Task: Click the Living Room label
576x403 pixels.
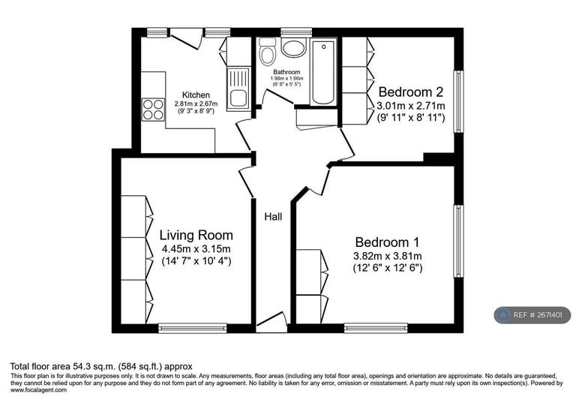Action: point(196,235)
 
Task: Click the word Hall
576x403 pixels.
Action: point(273,217)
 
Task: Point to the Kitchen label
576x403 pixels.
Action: point(196,95)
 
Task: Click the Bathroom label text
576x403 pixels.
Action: point(286,72)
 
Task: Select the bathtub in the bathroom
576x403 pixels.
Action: point(324,72)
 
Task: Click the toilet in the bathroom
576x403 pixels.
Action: point(268,53)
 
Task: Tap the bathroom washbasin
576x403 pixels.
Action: point(292,49)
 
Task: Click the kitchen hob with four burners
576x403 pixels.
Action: point(154,110)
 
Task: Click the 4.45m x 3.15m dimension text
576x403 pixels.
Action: point(196,249)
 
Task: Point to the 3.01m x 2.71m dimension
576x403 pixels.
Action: point(411,105)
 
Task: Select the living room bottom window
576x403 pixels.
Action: point(193,327)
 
